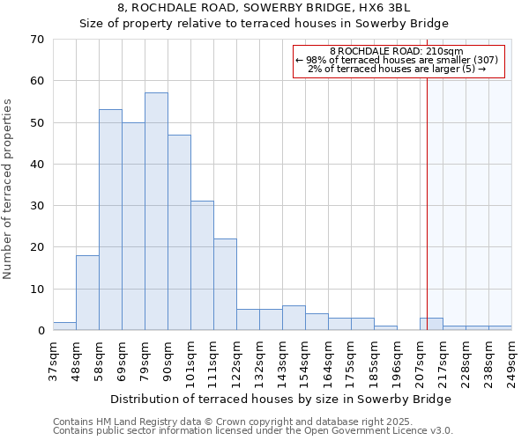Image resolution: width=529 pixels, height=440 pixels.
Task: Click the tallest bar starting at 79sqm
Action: click(156, 211)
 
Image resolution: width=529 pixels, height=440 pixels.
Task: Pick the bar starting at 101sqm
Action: click(202, 266)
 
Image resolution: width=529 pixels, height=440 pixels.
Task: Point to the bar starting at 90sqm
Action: click(179, 232)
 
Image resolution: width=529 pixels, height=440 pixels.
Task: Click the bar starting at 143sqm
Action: click(294, 318)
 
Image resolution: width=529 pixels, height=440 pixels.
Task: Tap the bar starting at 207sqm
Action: click(431, 324)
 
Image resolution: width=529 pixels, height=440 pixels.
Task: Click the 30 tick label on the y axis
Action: click(36, 206)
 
